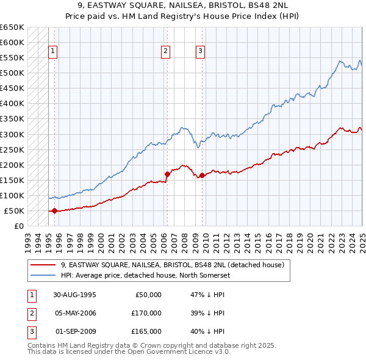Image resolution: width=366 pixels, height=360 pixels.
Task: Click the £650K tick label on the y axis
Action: tap(12, 27)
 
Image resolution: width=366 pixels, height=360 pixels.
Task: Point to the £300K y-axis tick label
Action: tap(12, 134)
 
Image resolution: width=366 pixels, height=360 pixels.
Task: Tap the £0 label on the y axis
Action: tap(18, 226)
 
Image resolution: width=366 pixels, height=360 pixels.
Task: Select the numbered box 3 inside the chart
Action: tap(201, 52)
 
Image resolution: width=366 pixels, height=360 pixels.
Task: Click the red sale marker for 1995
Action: tap(54, 211)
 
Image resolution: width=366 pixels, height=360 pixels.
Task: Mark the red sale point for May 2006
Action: tap(167, 174)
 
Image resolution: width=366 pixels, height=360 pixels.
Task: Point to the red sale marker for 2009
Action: tap(202, 176)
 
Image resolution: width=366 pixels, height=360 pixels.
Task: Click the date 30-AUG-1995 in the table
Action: tap(76, 295)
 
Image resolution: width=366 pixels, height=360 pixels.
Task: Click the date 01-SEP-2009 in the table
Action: tap(76, 331)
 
